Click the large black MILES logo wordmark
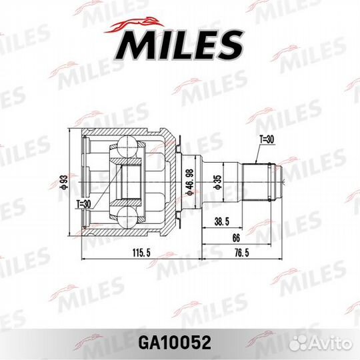179,45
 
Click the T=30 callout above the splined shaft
266,139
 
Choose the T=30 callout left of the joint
83,204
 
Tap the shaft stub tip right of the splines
283,178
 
